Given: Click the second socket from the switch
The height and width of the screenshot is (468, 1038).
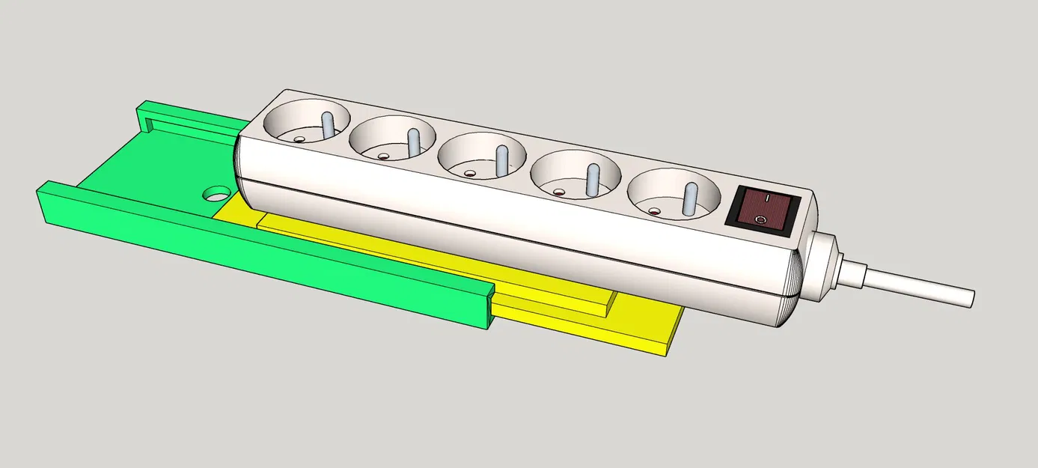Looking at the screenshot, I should coord(575,180).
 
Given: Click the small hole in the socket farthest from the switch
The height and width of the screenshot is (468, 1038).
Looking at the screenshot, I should coord(299,139).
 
